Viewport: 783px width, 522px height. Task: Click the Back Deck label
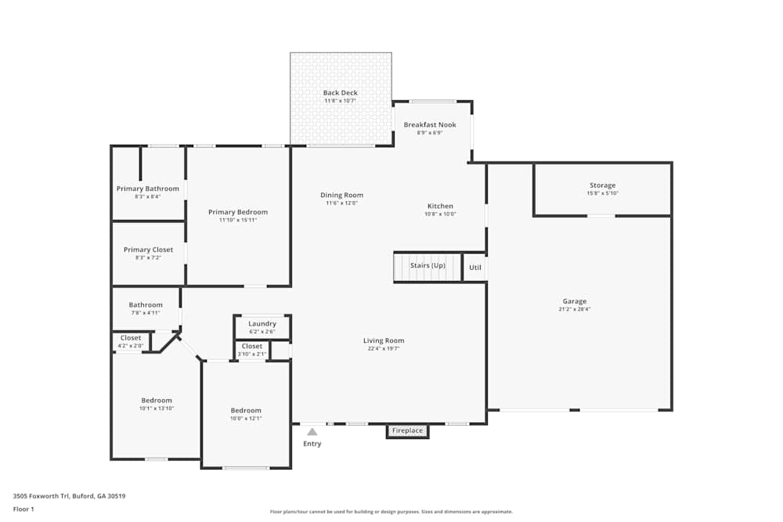[x=341, y=93]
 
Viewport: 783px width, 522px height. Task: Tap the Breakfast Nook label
[x=430, y=125]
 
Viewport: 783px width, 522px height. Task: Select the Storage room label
[x=602, y=185]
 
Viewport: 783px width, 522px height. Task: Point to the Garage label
[x=574, y=301]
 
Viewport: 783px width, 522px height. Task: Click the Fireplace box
[x=407, y=431]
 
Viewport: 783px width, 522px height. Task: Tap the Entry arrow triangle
[x=312, y=431]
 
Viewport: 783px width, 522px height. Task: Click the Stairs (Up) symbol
[x=428, y=266]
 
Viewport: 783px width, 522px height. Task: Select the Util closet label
[x=475, y=268]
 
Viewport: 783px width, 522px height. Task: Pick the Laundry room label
[x=262, y=324]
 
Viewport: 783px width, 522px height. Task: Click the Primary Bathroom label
[x=147, y=189]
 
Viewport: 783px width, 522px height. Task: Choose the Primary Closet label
[x=148, y=250]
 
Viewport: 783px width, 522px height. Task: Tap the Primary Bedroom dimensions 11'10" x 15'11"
[x=238, y=220]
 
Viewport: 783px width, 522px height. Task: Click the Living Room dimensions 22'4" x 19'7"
[x=384, y=349]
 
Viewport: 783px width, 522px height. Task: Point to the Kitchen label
[x=440, y=207]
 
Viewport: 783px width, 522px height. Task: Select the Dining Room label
[x=341, y=196]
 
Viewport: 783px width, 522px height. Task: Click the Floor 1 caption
[x=23, y=509]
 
